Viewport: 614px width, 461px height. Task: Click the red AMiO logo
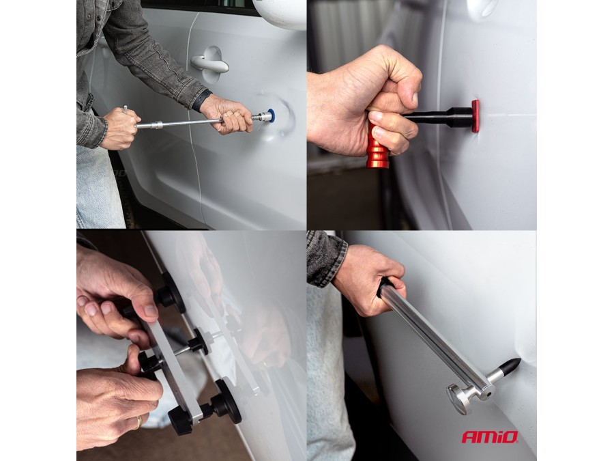click(490, 436)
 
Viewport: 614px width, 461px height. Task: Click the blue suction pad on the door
click(271, 115)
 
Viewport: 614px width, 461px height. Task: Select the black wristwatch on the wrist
click(201, 100)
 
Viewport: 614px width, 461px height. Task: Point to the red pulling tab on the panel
click(476, 116)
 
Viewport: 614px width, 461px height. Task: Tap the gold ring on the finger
click(138, 422)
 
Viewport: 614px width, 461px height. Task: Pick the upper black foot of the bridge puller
click(171, 293)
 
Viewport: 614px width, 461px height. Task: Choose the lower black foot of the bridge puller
click(226, 401)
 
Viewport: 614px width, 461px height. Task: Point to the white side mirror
click(280, 14)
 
